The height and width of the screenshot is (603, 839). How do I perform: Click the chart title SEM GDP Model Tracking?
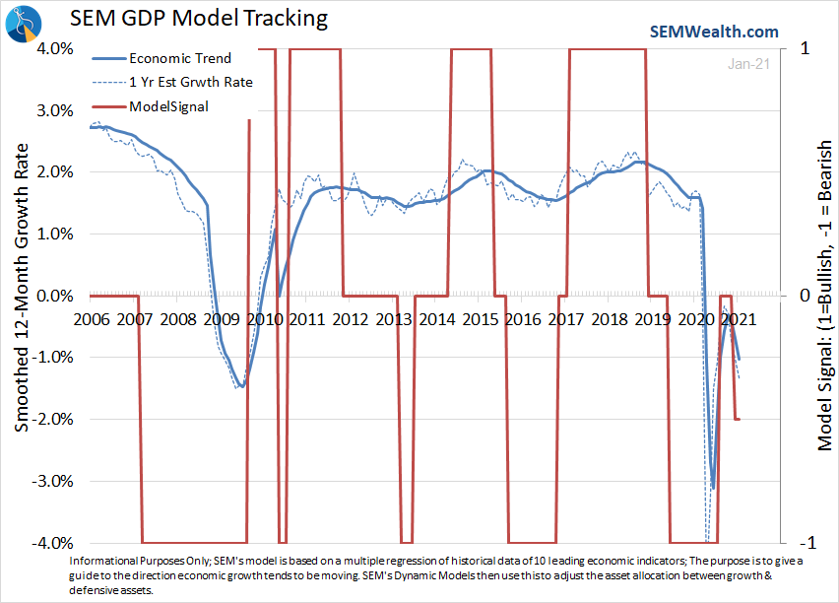[x=197, y=19]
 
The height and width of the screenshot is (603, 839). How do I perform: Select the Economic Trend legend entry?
[x=179, y=59]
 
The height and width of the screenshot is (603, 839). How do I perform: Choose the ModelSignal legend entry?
[x=168, y=105]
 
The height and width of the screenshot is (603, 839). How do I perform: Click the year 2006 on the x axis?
[x=91, y=319]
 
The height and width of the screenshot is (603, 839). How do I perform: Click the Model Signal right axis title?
[x=825, y=296]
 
